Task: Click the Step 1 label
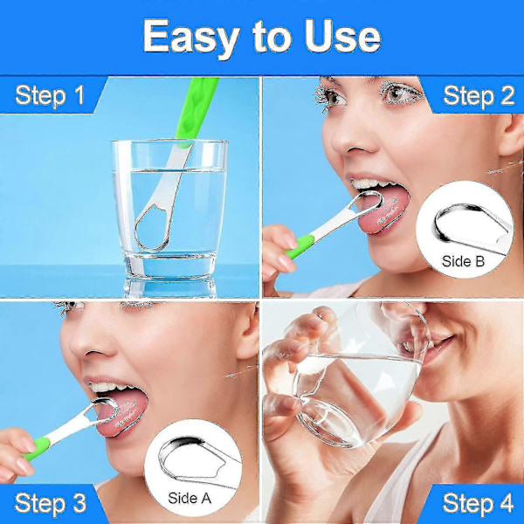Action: click(50, 96)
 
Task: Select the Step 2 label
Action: click(479, 96)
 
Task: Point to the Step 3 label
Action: click(50, 504)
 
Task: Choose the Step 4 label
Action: click(478, 503)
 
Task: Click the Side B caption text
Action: click(463, 261)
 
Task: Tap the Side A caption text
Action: click(190, 499)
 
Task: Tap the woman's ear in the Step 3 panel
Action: click(248, 334)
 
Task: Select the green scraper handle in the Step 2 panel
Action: click(300, 246)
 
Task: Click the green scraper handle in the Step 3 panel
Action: click(38, 448)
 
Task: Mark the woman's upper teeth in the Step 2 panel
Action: click(370, 184)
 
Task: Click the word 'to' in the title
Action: click(272, 38)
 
